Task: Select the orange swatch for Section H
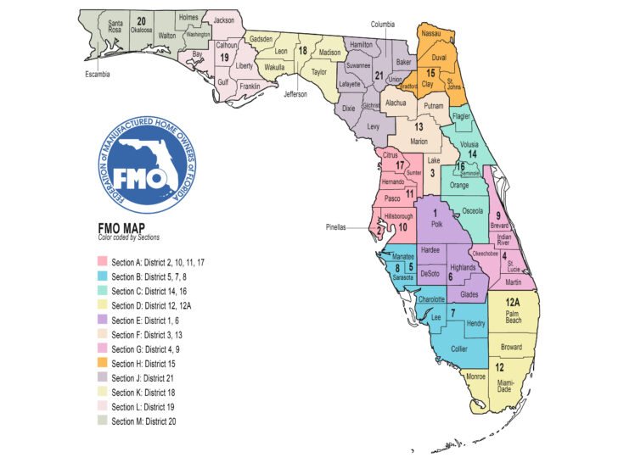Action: click(104, 363)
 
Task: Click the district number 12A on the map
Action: click(513, 303)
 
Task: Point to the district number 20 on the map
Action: click(142, 20)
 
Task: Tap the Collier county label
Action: click(460, 347)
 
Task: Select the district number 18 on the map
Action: click(302, 51)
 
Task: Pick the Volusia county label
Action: click(466, 143)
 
